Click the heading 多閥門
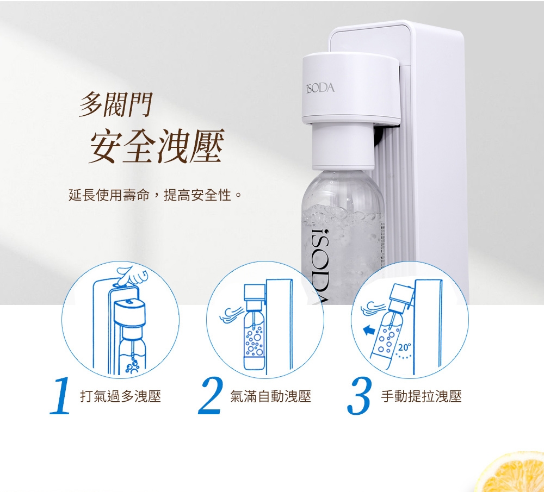point(116,104)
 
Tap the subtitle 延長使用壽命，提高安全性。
point(154,195)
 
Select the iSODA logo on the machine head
point(320,88)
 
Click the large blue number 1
point(61,396)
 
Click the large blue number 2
point(211,396)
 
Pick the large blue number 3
point(360,396)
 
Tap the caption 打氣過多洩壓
point(121,396)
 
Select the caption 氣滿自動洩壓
point(270,396)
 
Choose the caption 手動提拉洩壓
point(421,396)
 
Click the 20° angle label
point(404,346)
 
